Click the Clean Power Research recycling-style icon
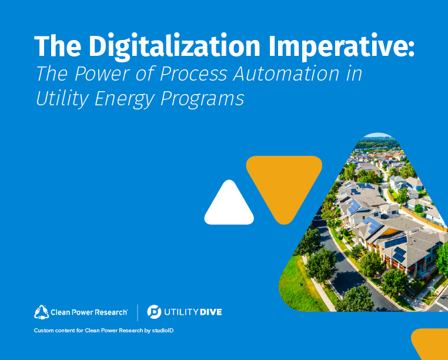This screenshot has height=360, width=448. pyautogui.click(x=41, y=311)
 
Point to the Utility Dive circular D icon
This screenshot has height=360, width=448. pyautogui.click(x=154, y=311)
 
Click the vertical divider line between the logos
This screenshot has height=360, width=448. pyautogui.click(x=138, y=311)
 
